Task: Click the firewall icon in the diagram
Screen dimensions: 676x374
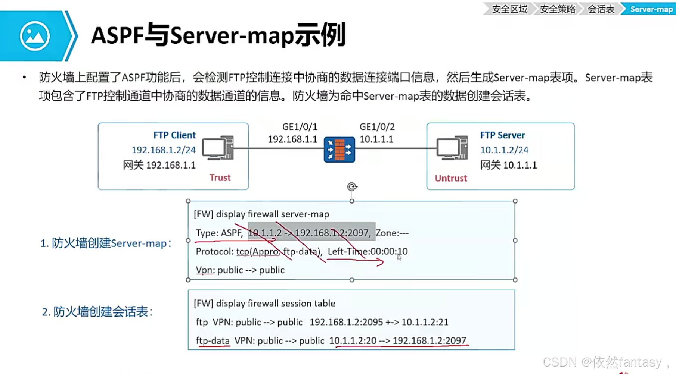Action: (x=339, y=150)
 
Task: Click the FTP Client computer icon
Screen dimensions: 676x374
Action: (x=218, y=148)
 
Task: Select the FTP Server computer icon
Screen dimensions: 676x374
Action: (x=452, y=148)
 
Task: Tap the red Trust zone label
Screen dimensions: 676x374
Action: (x=220, y=177)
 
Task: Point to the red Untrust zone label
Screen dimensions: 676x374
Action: (x=451, y=178)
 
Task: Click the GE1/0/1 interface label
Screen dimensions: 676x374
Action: (x=300, y=127)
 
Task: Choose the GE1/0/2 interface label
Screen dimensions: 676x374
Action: (x=377, y=127)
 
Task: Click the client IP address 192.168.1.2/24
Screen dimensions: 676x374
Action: (x=164, y=150)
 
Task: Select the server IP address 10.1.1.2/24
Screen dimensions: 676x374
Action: (x=504, y=150)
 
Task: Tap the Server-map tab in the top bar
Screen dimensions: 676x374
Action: (x=651, y=9)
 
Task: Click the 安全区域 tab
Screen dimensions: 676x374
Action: (x=509, y=9)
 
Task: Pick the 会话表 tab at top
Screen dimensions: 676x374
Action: (x=601, y=9)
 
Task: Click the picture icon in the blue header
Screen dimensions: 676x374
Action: (x=35, y=36)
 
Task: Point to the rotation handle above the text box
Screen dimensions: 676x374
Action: (x=352, y=186)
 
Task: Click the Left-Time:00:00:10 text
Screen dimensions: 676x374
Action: (x=368, y=251)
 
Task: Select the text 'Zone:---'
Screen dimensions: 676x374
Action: (x=392, y=233)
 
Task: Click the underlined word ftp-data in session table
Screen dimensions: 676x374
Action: (x=213, y=340)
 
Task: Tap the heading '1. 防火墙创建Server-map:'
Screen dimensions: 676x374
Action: (x=106, y=243)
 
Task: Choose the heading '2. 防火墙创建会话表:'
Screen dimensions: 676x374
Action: (x=97, y=312)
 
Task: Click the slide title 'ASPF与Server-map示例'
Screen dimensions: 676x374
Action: (x=218, y=35)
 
